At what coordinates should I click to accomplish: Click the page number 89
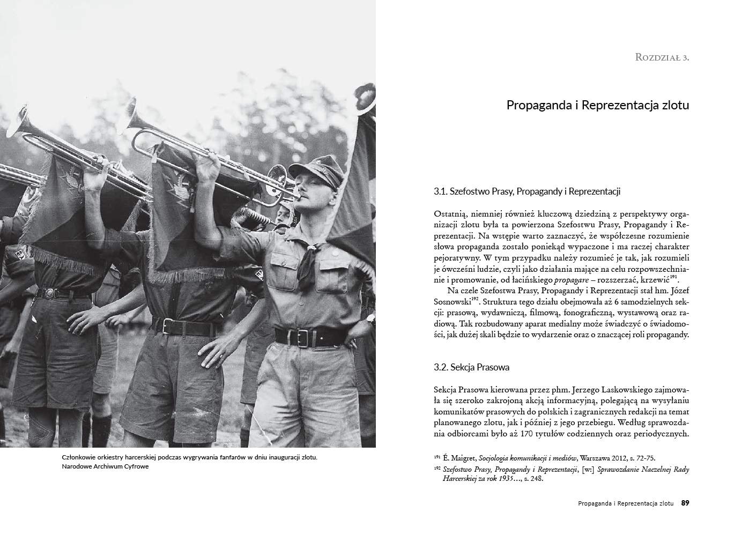click(x=685, y=503)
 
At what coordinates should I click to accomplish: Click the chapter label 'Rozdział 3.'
click(x=662, y=57)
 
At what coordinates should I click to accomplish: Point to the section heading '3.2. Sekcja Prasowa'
click(x=471, y=367)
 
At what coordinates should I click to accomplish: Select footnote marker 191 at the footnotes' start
click(x=437, y=457)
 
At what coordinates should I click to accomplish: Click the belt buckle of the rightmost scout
click(x=301, y=337)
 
